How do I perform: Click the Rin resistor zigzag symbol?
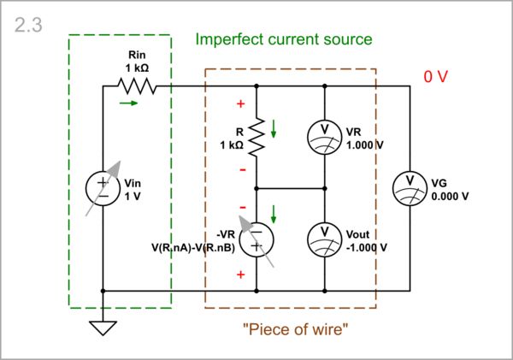137,86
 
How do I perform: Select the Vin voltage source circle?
103,188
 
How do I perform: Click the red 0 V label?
436,76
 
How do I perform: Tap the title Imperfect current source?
284,39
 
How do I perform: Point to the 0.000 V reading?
451,196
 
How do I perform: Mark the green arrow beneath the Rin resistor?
127,103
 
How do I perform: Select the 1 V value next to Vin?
133,196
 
